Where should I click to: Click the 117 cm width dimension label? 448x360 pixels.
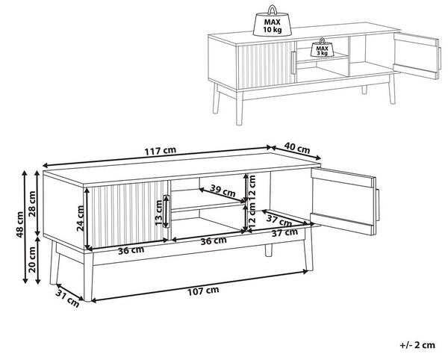(x=160, y=151)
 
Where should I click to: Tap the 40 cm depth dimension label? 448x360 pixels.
(x=297, y=148)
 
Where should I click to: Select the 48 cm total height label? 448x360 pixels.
(x=20, y=225)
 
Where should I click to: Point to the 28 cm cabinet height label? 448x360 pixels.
(x=32, y=204)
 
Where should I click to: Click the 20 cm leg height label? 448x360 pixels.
(x=32, y=259)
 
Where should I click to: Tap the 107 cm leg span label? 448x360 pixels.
(x=203, y=291)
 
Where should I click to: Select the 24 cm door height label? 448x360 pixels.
(x=81, y=218)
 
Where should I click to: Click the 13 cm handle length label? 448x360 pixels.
(x=158, y=212)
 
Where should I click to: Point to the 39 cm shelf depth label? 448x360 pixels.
(x=223, y=190)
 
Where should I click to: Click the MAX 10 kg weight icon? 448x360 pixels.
(x=272, y=22)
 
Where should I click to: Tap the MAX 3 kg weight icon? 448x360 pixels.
(x=322, y=48)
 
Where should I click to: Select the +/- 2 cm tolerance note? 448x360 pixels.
(x=417, y=345)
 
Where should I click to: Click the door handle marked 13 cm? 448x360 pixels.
(x=166, y=211)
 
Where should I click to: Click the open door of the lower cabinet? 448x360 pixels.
(x=343, y=201)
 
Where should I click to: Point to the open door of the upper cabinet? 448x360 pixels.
(x=417, y=55)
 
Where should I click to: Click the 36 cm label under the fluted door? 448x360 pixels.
(x=131, y=250)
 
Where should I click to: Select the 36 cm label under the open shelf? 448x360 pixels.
(x=214, y=240)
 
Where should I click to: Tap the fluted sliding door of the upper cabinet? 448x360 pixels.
(x=267, y=65)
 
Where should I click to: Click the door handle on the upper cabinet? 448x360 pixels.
(x=293, y=63)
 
